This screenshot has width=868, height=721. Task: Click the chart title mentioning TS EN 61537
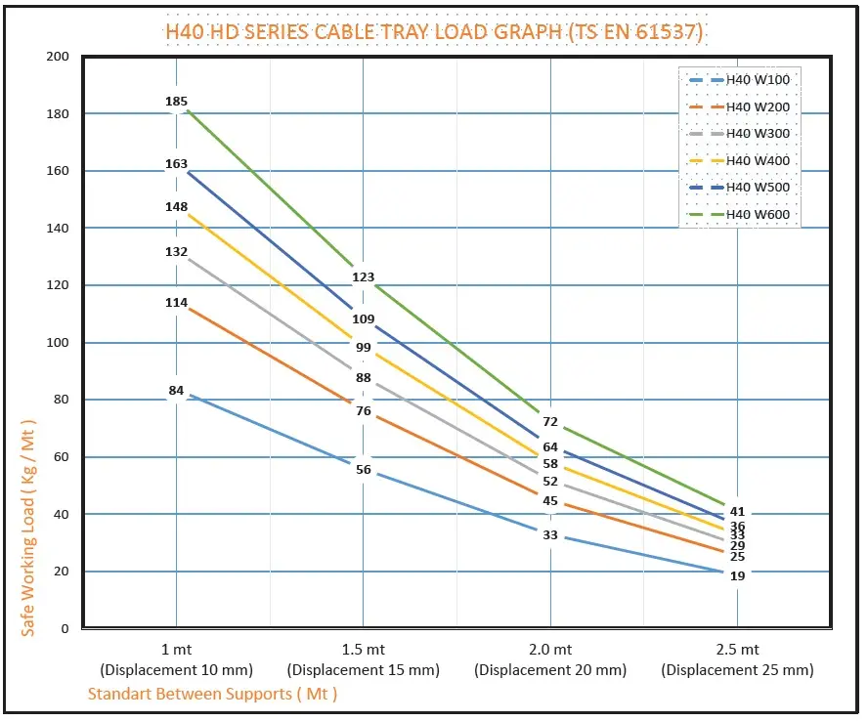[434, 31]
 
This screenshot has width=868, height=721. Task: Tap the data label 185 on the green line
[176, 102]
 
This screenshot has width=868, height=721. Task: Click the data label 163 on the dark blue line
[176, 164]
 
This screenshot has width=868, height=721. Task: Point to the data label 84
[176, 391]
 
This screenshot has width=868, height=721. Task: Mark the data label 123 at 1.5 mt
[363, 277]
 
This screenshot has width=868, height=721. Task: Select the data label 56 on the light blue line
[364, 470]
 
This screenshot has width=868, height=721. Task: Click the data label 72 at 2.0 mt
[550, 422]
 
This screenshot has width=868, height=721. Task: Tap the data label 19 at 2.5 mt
[738, 576]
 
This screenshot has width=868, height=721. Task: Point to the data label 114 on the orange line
[176, 303]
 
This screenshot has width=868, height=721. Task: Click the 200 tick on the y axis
[58, 57]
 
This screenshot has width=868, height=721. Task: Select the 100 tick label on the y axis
[58, 343]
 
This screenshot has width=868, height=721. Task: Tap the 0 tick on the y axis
[65, 629]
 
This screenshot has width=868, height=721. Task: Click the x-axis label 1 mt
[176, 650]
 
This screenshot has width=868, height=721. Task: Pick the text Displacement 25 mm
[737, 670]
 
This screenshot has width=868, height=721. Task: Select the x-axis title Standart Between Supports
[212, 694]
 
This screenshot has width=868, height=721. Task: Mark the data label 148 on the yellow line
[176, 207]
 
